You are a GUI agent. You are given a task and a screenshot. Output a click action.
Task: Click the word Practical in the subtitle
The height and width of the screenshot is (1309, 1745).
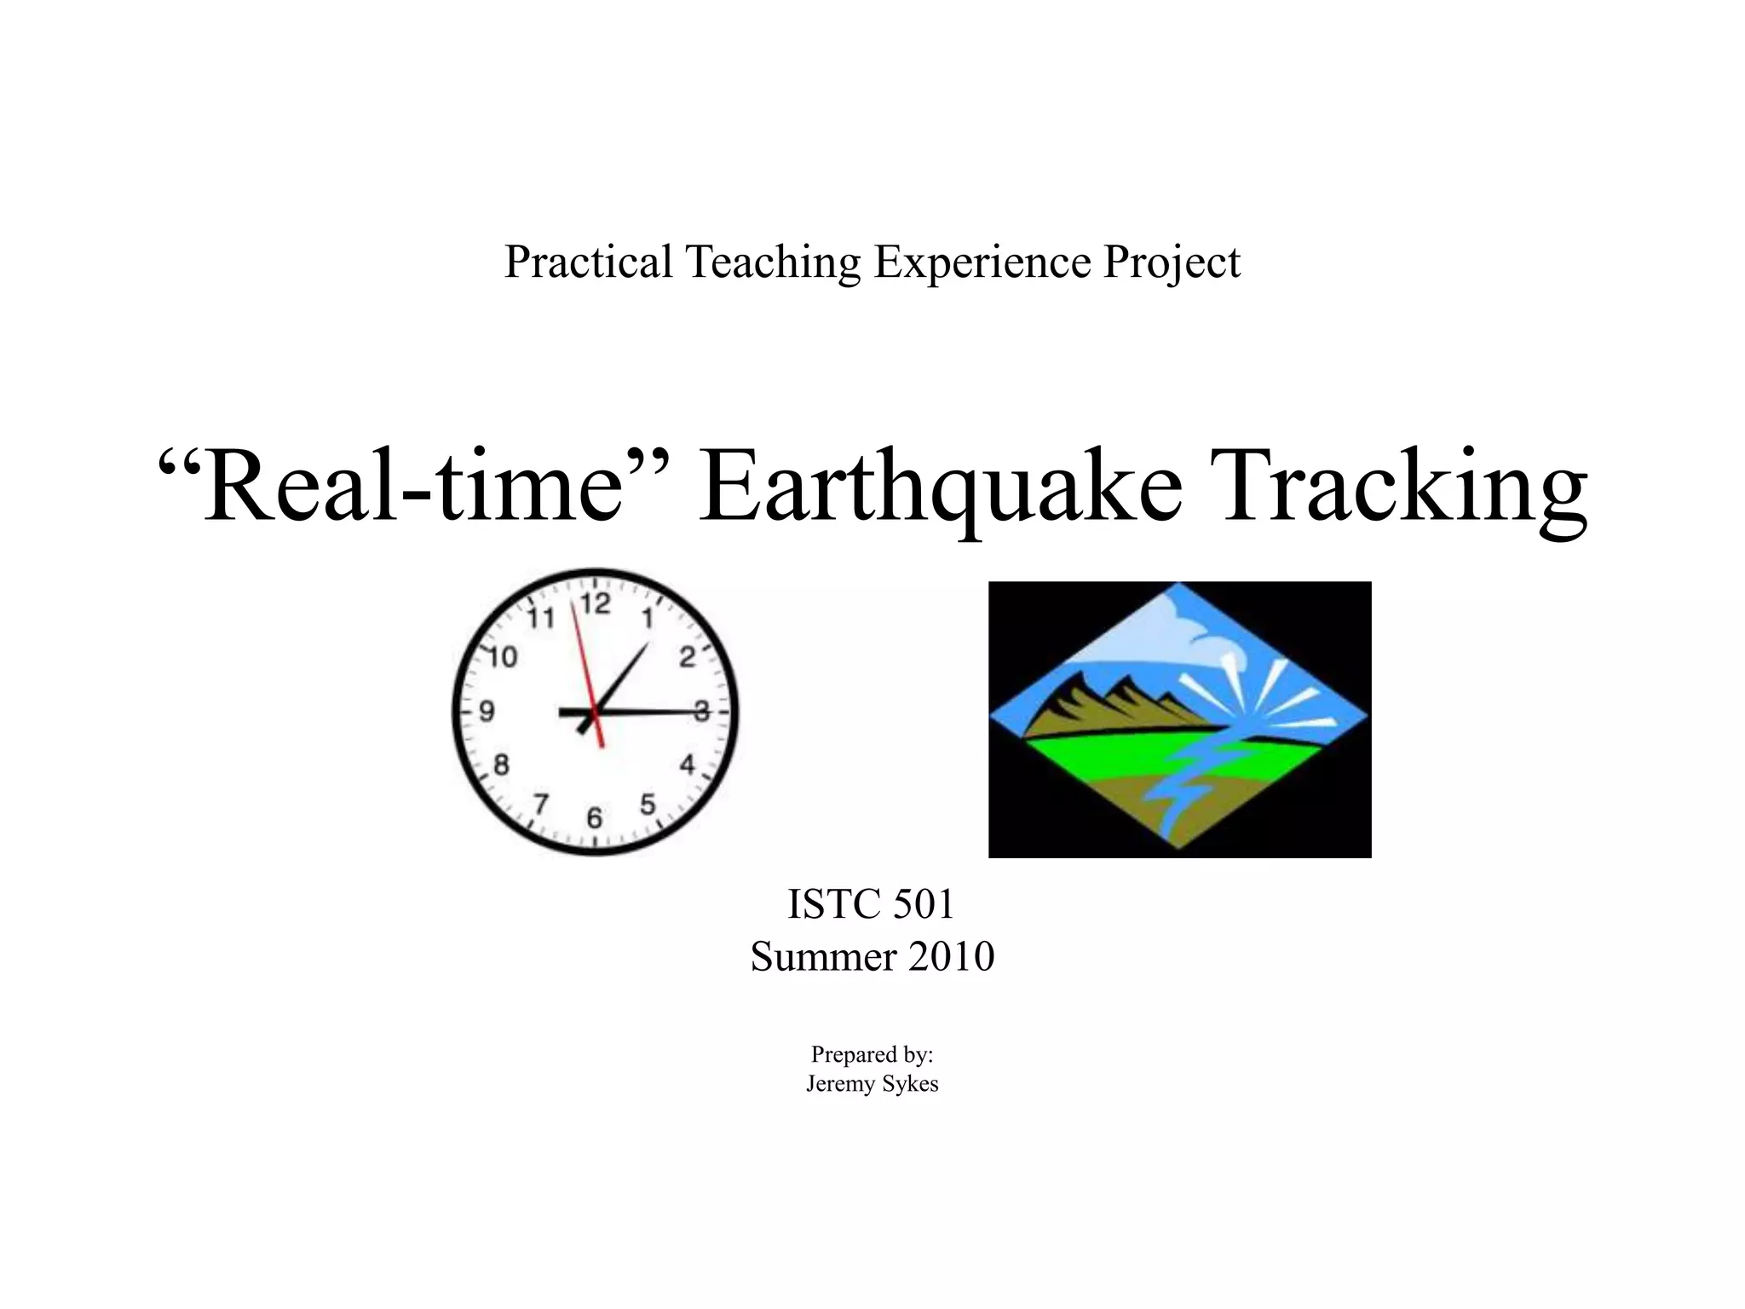point(589,261)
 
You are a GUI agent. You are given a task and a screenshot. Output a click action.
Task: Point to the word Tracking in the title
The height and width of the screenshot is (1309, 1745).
point(1403,487)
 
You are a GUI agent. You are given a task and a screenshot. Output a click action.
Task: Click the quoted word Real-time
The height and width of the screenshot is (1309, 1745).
point(414,487)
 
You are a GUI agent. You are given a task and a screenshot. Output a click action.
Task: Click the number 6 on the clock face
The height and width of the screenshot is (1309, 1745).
point(595,818)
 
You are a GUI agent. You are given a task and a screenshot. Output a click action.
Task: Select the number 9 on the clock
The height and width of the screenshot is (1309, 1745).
point(487,711)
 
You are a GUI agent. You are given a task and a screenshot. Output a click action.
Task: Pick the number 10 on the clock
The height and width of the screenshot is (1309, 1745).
point(503,657)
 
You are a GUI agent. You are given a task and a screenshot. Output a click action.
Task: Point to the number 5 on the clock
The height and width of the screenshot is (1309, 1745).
point(648,804)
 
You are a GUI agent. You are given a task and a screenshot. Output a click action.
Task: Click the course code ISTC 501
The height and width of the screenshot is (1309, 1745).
point(871,904)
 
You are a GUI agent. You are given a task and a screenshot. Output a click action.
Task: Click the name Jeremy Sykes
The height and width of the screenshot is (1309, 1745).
point(872,1084)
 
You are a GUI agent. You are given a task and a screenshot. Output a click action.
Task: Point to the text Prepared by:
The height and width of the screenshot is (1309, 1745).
point(872,1055)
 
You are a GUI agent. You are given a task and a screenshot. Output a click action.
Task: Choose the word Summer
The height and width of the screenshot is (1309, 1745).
point(823,956)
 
